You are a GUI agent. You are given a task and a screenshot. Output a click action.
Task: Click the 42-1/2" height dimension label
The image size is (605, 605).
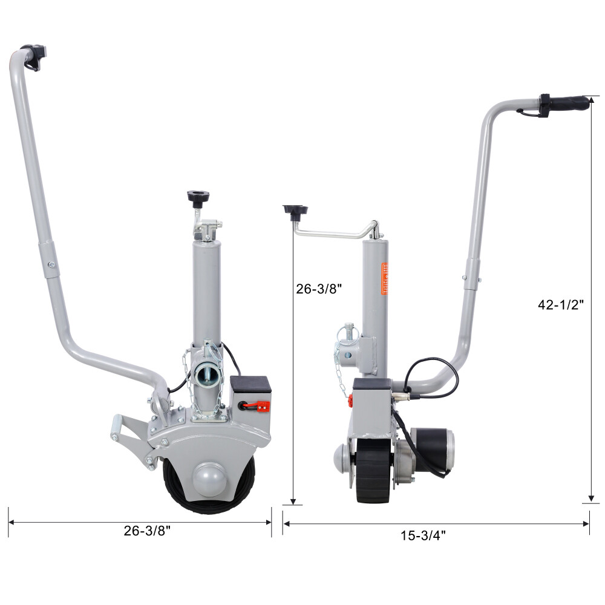pyautogui.click(x=561, y=305)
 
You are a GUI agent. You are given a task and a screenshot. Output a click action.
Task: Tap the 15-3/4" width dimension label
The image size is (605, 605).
pyautogui.click(x=423, y=535)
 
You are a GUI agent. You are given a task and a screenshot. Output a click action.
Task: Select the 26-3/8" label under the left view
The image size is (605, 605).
pyautogui.click(x=147, y=531)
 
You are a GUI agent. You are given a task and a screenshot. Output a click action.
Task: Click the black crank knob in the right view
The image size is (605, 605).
pyautogui.click(x=295, y=211)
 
